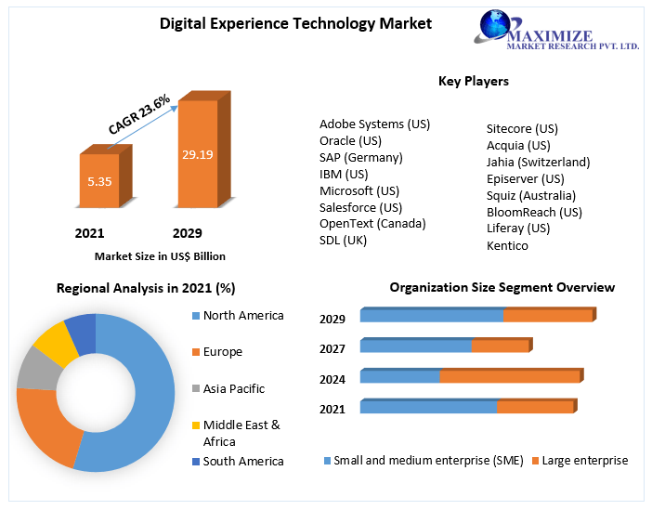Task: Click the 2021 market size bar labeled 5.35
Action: pos(99,180)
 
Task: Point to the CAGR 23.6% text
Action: pos(139,113)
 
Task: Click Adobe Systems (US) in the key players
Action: pos(374,124)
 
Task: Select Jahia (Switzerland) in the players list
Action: pos(538,162)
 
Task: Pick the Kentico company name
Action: pos(507,245)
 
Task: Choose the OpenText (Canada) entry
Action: pos(372,223)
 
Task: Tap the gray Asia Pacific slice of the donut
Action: pos(37,369)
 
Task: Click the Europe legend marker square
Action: pos(195,352)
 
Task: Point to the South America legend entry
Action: pos(243,461)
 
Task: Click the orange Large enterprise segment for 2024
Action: pos(510,376)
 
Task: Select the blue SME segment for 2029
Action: pos(431,316)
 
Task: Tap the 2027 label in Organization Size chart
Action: pos(333,348)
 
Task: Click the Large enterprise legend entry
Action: pos(583,460)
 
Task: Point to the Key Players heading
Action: pos(473,81)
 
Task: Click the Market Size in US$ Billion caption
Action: pos(160,255)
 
